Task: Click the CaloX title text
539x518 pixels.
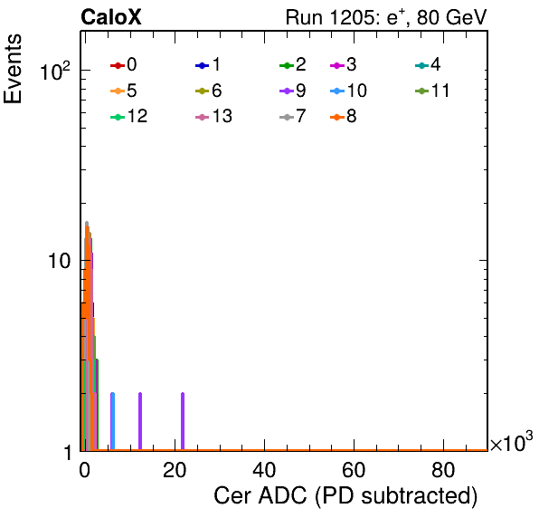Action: pyautogui.click(x=111, y=17)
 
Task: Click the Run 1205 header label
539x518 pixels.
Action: pyautogui.click(x=386, y=17)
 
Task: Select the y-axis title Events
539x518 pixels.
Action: pyautogui.click(x=13, y=69)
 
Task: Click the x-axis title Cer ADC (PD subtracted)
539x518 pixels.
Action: pyautogui.click(x=345, y=496)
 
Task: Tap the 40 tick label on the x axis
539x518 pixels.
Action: pyautogui.click(x=264, y=470)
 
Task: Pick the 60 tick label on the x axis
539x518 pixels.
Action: pyautogui.click(x=354, y=470)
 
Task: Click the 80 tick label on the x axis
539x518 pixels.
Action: pyautogui.click(x=443, y=470)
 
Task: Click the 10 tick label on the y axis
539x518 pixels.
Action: pyautogui.click(x=59, y=261)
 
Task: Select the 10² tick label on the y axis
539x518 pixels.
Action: pyautogui.click(x=55, y=71)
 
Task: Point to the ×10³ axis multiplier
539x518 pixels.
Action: pyautogui.click(x=512, y=442)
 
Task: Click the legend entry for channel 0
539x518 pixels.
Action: pyautogui.click(x=123, y=64)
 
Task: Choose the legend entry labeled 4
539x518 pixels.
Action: pyautogui.click(x=428, y=64)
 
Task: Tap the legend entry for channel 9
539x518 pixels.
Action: pyautogui.click(x=293, y=91)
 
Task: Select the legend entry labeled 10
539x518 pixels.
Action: pyautogui.click(x=348, y=91)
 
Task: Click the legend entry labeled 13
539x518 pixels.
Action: pyautogui.click(x=213, y=117)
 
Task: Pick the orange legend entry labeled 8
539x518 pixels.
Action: pyautogui.click(x=343, y=117)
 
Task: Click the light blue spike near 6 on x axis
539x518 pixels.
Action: pyautogui.click(x=112, y=421)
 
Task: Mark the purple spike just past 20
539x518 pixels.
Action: pyautogui.click(x=183, y=421)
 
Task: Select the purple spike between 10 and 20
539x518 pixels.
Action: pyautogui.click(x=140, y=421)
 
